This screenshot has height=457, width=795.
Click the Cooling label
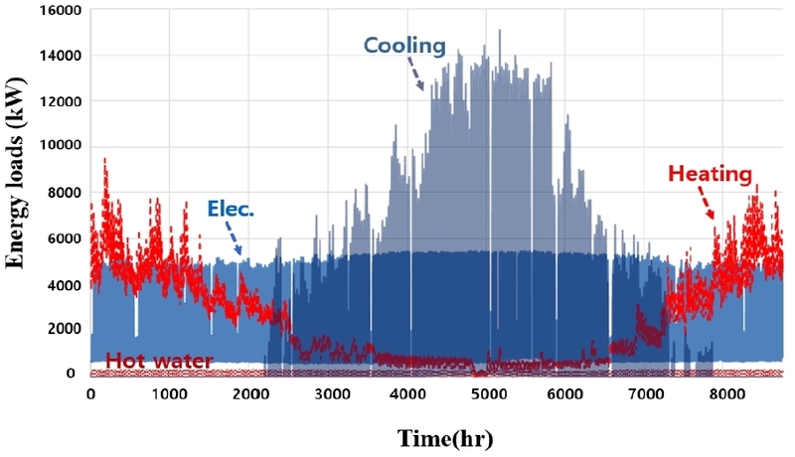click(404, 45)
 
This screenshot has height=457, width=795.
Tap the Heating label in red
click(710, 175)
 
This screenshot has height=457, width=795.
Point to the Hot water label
click(159, 361)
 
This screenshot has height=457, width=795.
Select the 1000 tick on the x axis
click(170, 393)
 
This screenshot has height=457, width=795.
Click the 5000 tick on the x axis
click(488, 393)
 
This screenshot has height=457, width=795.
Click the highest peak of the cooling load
click(499, 31)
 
